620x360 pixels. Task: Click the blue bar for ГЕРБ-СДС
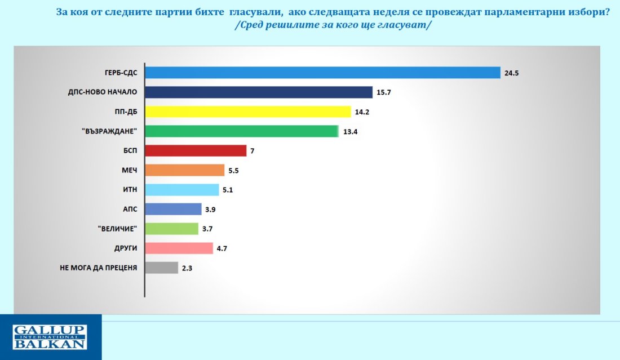pyautogui.click(x=322, y=73)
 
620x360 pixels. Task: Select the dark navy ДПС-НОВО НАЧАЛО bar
pyautogui.click(x=259, y=92)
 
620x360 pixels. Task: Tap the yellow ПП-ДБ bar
pyautogui.click(x=248, y=112)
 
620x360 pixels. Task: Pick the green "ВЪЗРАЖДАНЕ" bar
pyautogui.click(x=242, y=131)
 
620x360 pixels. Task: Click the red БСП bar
pyautogui.click(x=196, y=150)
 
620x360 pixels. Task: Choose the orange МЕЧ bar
pyautogui.click(x=185, y=170)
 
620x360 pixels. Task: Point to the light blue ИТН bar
pyautogui.click(x=182, y=190)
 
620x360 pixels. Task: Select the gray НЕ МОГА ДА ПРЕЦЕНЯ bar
pyautogui.click(x=162, y=268)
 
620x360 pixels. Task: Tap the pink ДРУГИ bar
pyautogui.click(x=179, y=248)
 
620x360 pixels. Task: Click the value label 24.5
pyautogui.click(x=511, y=73)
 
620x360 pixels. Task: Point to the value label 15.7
pyautogui.click(x=383, y=92)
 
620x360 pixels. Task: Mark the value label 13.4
pyautogui.click(x=351, y=132)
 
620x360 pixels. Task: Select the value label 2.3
pyautogui.click(x=187, y=268)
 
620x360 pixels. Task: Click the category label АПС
pyautogui.click(x=130, y=209)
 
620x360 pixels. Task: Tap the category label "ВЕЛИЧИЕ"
pyautogui.click(x=117, y=228)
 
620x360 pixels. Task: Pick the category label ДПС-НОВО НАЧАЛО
pyautogui.click(x=103, y=92)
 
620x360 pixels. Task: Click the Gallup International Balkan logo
pyautogui.click(x=50, y=337)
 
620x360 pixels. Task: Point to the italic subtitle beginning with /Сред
pyautogui.click(x=333, y=25)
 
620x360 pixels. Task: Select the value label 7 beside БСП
pyautogui.click(x=253, y=151)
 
